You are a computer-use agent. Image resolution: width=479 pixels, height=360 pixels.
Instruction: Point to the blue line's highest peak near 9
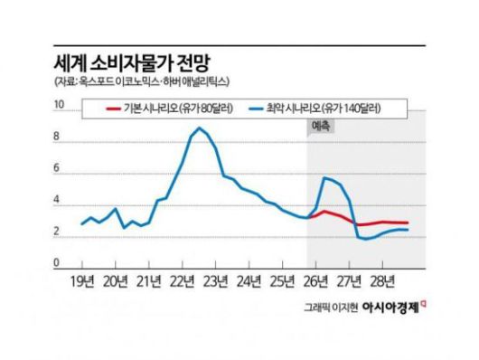(198, 128)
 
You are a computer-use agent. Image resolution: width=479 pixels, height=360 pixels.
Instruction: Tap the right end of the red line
(408, 223)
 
